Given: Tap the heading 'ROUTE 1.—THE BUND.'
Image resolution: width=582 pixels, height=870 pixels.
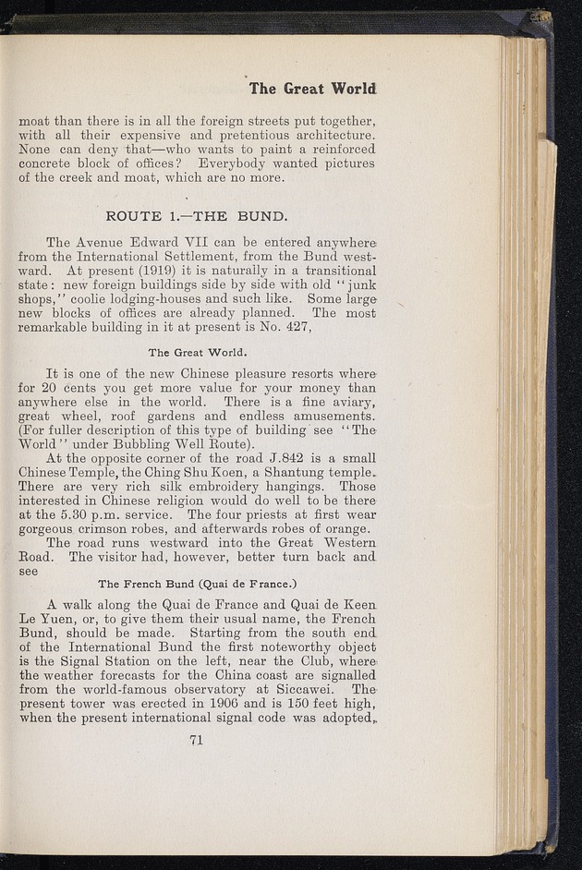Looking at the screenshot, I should point(198,217).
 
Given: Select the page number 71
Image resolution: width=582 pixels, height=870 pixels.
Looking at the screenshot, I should point(196,738).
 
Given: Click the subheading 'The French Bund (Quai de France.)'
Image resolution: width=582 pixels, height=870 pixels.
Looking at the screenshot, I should point(196,584).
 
